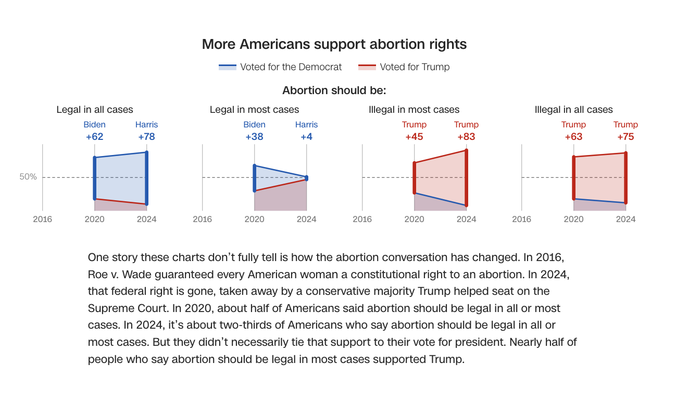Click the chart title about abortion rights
334,44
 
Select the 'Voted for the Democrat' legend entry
281,67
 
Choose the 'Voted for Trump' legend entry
404,67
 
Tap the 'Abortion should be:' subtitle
334,90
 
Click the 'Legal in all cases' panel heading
95,110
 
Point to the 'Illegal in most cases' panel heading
414,110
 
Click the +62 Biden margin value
95,137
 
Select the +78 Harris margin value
146,137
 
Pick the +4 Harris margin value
306,137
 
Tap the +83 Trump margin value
466,137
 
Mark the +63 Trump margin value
573,137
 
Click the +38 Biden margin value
254,137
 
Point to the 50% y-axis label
28,177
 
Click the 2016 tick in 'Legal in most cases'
202,219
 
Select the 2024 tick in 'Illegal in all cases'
625,219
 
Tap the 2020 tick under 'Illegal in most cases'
414,219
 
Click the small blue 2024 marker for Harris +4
306,178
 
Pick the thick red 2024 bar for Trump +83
466,178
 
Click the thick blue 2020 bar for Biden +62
95,178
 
